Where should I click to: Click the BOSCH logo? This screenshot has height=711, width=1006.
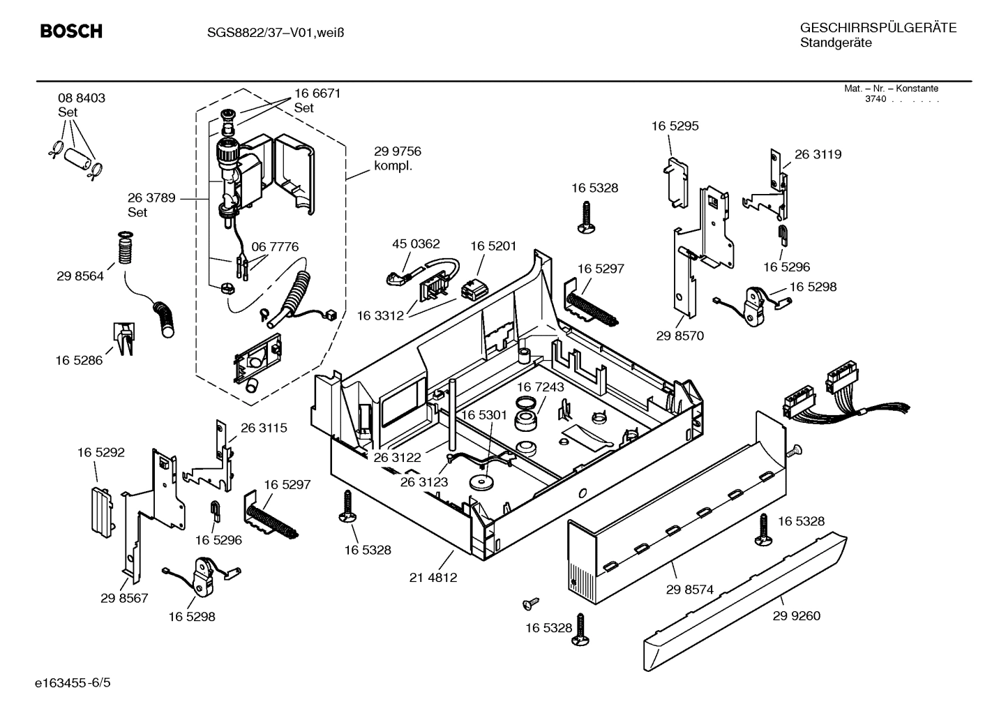pyautogui.click(x=71, y=31)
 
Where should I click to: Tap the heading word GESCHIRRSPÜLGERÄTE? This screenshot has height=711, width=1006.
pyautogui.click(x=878, y=28)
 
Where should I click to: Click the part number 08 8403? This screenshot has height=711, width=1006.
pyautogui.click(x=82, y=98)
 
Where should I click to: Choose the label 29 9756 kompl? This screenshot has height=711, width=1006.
pyautogui.click(x=397, y=158)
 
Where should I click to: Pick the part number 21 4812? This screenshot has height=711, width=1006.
pyautogui.click(x=433, y=578)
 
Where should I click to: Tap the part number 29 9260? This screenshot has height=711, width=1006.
pyautogui.click(x=796, y=615)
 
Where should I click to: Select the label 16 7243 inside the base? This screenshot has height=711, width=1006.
pyautogui.click(x=540, y=387)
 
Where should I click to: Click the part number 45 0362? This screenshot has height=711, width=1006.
pyautogui.click(x=416, y=244)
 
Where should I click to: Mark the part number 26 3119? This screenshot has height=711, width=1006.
pyautogui.click(x=818, y=154)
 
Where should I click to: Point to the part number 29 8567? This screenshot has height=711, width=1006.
pyautogui.click(x=124, y=598)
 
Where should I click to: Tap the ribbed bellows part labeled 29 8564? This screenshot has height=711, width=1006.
pyautogui.click(x=126, y=250)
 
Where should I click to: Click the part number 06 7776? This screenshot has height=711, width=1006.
pyautogui.click(x=275, y=247)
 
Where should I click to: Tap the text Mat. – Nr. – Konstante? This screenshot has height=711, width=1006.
pyautogui.click(x=891, y=89)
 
